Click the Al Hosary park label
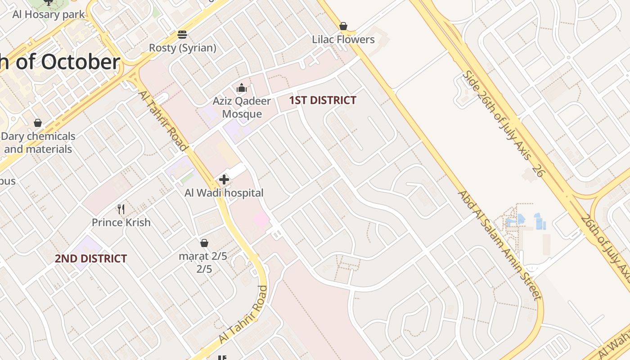(49, 14)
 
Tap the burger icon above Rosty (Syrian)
(182, 35)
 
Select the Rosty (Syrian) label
(182, 48)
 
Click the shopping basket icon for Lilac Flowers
(343, 26)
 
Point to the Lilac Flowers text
(343, 40)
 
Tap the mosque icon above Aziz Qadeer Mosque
(242, 88)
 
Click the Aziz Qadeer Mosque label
(242, 107)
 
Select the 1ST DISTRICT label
(323, 100)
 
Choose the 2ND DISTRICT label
(91, 259)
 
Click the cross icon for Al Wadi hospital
(224, 180)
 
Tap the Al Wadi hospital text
(224, 193)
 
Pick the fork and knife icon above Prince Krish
(121, 209)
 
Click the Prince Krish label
(121, 222)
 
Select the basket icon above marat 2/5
(204, 243)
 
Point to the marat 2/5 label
(203, 262)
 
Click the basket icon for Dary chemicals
(38, 123)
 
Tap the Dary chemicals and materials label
(38, 143)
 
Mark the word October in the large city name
(81, 62)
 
